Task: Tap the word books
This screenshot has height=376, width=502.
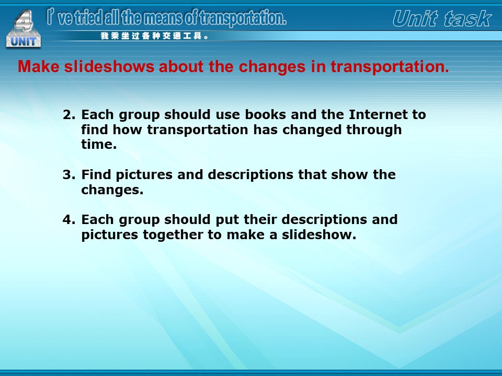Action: tap(266, 114)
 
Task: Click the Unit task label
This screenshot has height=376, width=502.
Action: tap(442, 19)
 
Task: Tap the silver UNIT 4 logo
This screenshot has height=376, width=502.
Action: tap(24, 29)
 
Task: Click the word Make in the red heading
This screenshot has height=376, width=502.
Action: tap(38, 66)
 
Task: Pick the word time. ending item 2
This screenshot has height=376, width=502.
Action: tap(99, 144)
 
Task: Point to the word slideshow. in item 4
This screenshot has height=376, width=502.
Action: tap(319, 235)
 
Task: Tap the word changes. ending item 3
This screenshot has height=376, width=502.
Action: tap(112, 190)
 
